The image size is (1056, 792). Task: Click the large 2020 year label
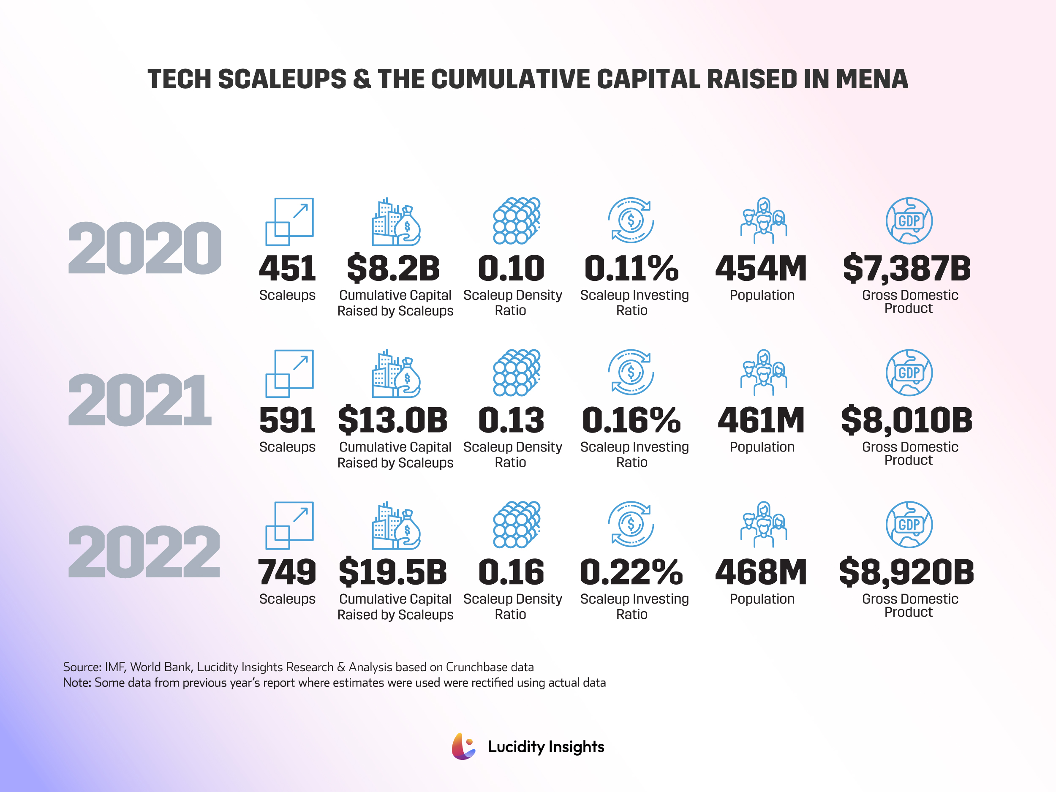point(144,248)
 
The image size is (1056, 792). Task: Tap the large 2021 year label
point(139,400)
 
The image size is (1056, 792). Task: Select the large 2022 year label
point(144,552)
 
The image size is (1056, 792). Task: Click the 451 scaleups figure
point(287,268)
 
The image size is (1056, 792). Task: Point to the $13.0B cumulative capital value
point(393,420)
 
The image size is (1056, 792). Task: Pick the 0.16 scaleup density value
point(511,572)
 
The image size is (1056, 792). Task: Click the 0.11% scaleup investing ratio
point(631,268)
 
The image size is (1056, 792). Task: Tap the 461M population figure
point(762,420)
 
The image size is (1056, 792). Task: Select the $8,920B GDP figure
point(906,572)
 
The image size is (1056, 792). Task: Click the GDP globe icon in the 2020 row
point(909,220)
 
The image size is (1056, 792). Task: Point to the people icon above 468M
point(763,524)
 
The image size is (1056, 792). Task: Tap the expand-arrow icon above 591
point(289,373)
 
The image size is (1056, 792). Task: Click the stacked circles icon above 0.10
point(517,220)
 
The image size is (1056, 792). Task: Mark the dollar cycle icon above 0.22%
point(631,524)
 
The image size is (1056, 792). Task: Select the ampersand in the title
point(362,79)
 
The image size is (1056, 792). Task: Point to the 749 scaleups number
point(287,572)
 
